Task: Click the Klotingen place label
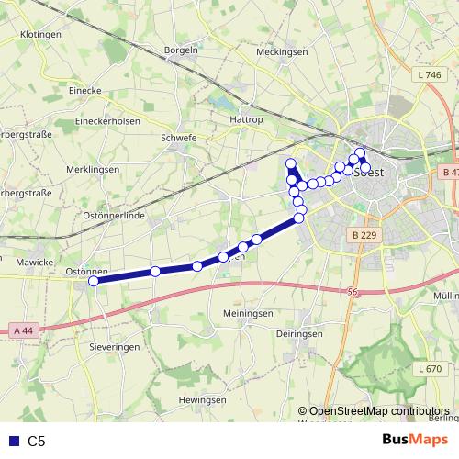coord(39,33)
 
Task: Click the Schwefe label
coord(179,138)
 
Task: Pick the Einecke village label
coord(63,91)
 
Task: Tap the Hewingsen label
coord(202,400)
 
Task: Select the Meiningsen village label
coord(248,313)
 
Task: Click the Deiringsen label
coord(298,334)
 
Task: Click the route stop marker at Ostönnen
coord(93,282)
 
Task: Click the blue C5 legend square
coord(13,441)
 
